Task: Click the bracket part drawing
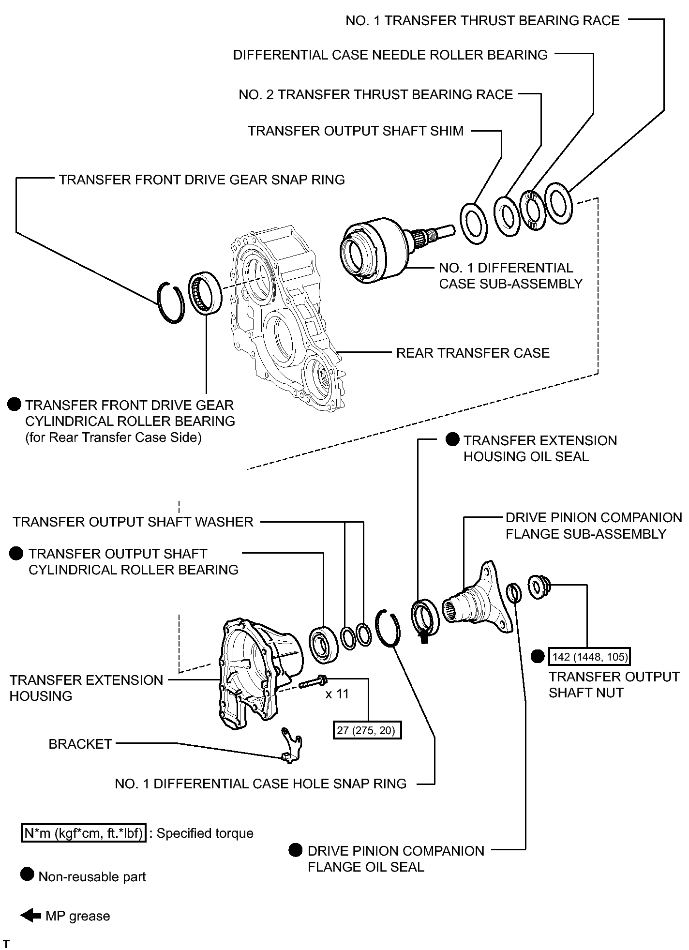tap(291, 745)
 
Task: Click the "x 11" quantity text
tap(337, 694)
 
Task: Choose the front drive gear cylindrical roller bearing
tap(206, 294)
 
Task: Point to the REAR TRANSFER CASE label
tap(473, 353)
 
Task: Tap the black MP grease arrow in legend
tap(30, 916)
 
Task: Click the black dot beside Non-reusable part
tap(28, 875)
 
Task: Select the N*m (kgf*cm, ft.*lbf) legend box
tap(83, 833)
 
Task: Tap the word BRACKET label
tap(80, 744)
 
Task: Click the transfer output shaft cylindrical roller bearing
tap(320, 645)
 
